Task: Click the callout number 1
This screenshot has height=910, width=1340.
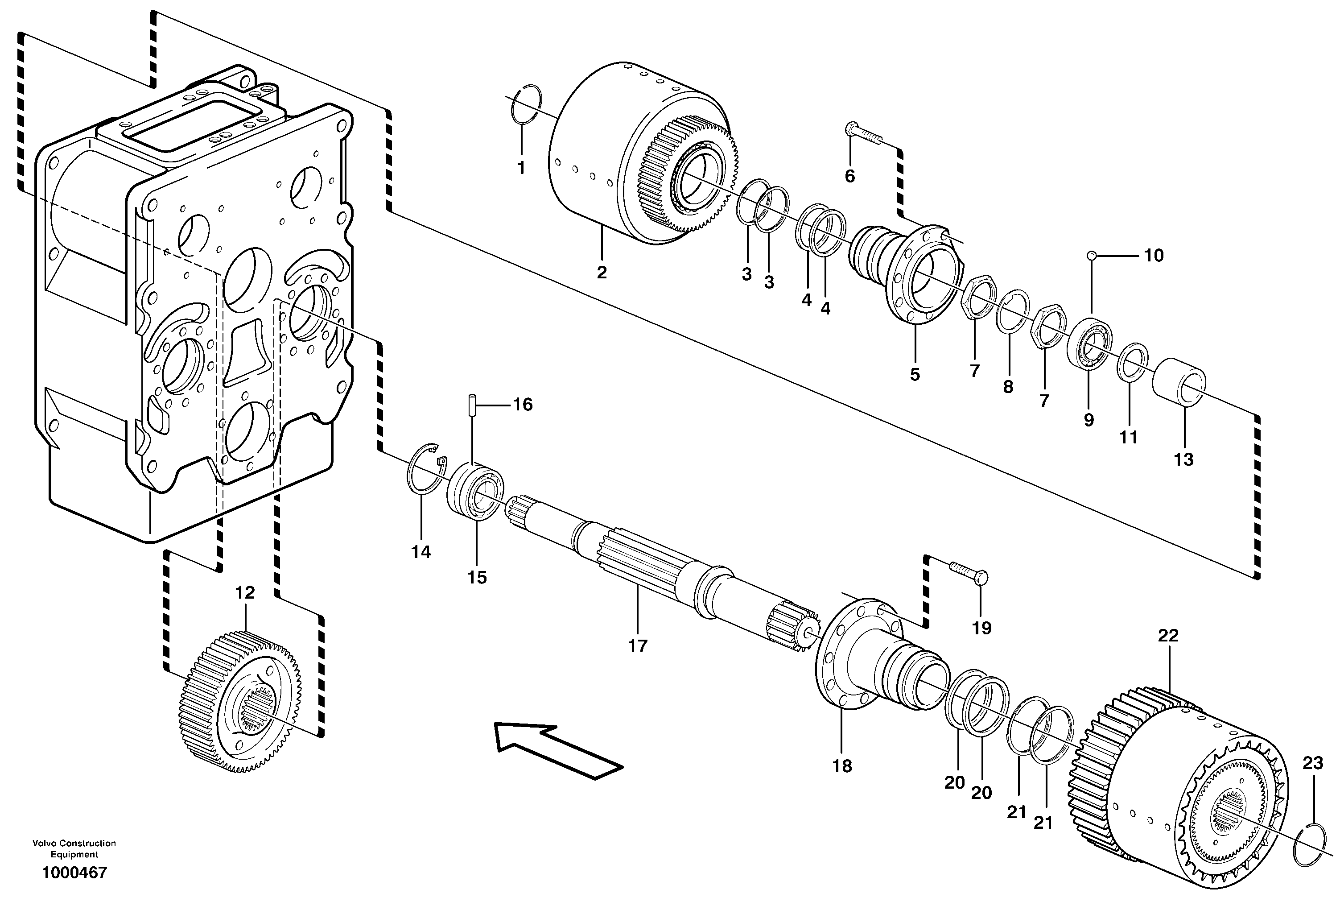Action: [x=521, y=168]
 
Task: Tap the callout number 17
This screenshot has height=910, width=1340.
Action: [x=638, y=646]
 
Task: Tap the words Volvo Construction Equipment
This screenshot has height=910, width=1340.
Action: [x=74, y=848]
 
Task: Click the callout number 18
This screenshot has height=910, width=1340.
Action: [x=842, y=766]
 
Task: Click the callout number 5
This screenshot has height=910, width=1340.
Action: [x=915, y=375]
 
